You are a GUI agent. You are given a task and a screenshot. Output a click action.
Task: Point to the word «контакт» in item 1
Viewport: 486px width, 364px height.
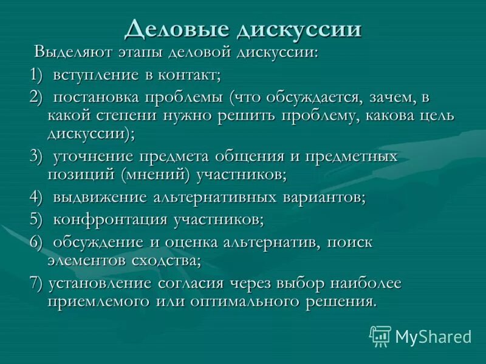[x=190, y=75]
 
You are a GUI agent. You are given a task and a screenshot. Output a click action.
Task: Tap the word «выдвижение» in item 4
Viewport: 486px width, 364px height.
[x=100, y=197]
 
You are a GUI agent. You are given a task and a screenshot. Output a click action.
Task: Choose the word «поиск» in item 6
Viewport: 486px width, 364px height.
[x=347, y=242]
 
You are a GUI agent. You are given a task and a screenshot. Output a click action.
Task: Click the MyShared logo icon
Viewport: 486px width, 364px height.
[x=380, y=335]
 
